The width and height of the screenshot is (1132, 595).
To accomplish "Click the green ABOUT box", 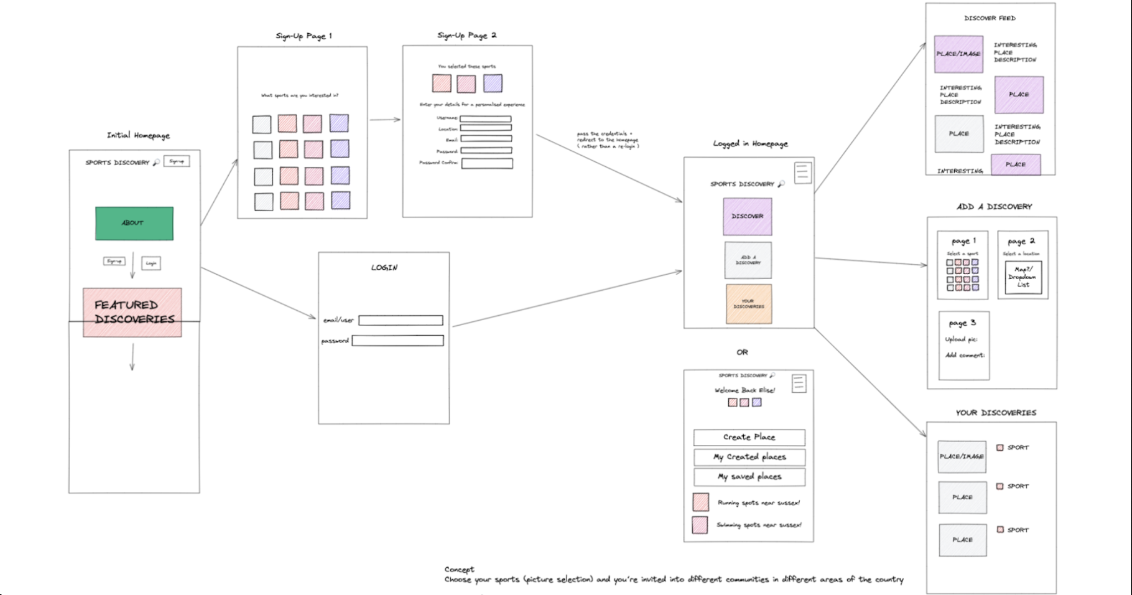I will tap(134, 223).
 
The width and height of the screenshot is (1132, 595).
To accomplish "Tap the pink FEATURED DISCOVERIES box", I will tap(132, 312).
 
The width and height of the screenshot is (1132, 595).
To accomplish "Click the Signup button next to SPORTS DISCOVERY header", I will tap(177, 161).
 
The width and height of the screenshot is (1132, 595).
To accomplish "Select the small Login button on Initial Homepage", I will tap(151, 263).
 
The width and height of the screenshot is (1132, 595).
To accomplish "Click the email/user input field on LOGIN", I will tap(400, 320).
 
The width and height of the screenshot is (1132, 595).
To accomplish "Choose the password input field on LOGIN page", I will tap(398, 341).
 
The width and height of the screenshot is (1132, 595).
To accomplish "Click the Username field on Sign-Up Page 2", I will tap(485, 119).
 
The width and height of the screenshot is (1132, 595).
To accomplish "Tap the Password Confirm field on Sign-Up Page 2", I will tap(487, 163).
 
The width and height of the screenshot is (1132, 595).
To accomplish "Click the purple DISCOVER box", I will tap(747, 217).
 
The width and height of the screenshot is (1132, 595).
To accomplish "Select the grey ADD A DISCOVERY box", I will tap(748, 260).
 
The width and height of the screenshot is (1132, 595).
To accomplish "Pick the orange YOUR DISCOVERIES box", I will tap(749, 304).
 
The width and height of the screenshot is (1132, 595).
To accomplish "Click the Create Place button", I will tap(749, 437).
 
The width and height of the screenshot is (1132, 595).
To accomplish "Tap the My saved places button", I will tap(749, 477).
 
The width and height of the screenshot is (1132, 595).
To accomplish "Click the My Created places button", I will tap(749, 457).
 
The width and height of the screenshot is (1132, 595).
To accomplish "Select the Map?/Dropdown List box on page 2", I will tap(1023, 277).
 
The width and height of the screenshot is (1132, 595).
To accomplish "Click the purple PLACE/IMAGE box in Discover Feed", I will tap(959, 54).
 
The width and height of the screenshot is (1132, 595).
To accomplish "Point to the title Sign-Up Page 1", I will tap(303, 36).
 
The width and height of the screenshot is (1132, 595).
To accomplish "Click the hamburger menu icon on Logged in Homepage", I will tap(802, 172).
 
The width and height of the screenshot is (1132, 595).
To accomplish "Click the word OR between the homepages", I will tap(742, 352).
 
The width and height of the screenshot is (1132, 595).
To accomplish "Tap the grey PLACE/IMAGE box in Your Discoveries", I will tap(962, 456).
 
